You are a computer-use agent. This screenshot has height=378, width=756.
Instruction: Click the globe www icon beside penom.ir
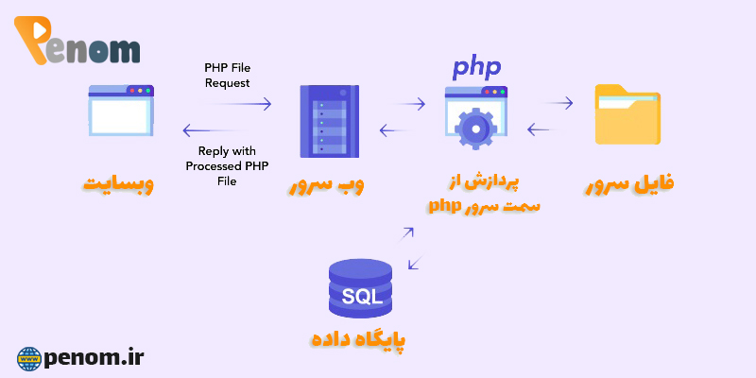click(29, 358)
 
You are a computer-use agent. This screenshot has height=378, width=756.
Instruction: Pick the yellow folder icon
click(627, 114)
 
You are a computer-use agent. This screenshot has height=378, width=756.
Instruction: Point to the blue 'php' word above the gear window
click(476, 67)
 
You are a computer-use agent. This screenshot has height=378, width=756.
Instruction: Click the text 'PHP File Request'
click(227, 76)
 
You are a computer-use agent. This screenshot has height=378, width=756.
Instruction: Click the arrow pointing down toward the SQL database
click(413, 264)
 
